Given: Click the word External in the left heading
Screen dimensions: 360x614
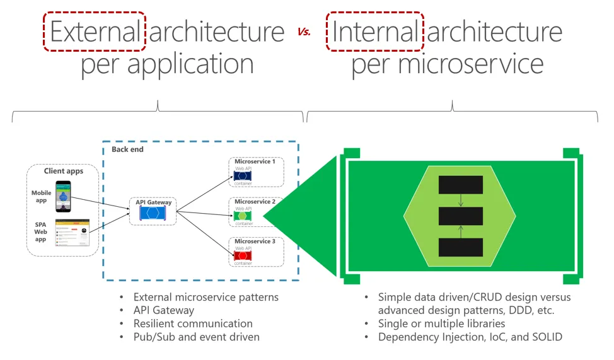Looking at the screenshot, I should (95, 32).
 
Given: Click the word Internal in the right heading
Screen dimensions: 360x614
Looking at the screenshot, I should (374, 32).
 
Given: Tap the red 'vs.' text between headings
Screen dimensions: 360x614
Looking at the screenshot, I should (304, 32).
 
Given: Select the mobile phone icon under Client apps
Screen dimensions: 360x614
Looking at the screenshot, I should (62, 196).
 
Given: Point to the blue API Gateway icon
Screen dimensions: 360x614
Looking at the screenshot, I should (152, 213).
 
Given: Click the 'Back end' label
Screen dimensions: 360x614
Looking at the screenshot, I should (127, 149).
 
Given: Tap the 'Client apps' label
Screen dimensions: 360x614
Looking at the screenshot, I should (62, 171).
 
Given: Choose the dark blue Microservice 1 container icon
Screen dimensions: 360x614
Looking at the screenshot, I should (243, 177).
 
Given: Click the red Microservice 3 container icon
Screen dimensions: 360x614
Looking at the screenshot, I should (243, 256).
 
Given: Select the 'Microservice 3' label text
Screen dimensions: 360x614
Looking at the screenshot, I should (255, 241).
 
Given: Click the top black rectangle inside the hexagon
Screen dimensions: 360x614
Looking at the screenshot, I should (460, 185).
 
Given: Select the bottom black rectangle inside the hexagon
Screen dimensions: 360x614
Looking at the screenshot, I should (460, 247).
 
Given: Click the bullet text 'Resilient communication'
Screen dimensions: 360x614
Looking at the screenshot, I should (193, 323).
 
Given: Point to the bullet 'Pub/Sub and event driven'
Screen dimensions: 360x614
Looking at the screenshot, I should (196, 337).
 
